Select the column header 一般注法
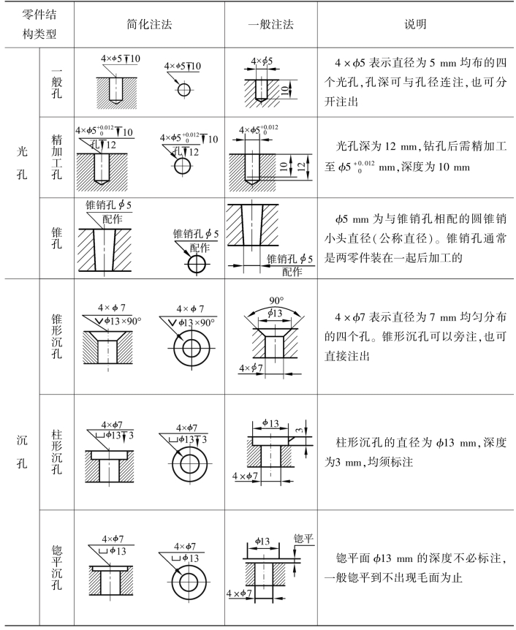[270, 24]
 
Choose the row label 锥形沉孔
[58, 335]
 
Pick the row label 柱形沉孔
[58, 447]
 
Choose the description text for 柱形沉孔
[416, 453]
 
